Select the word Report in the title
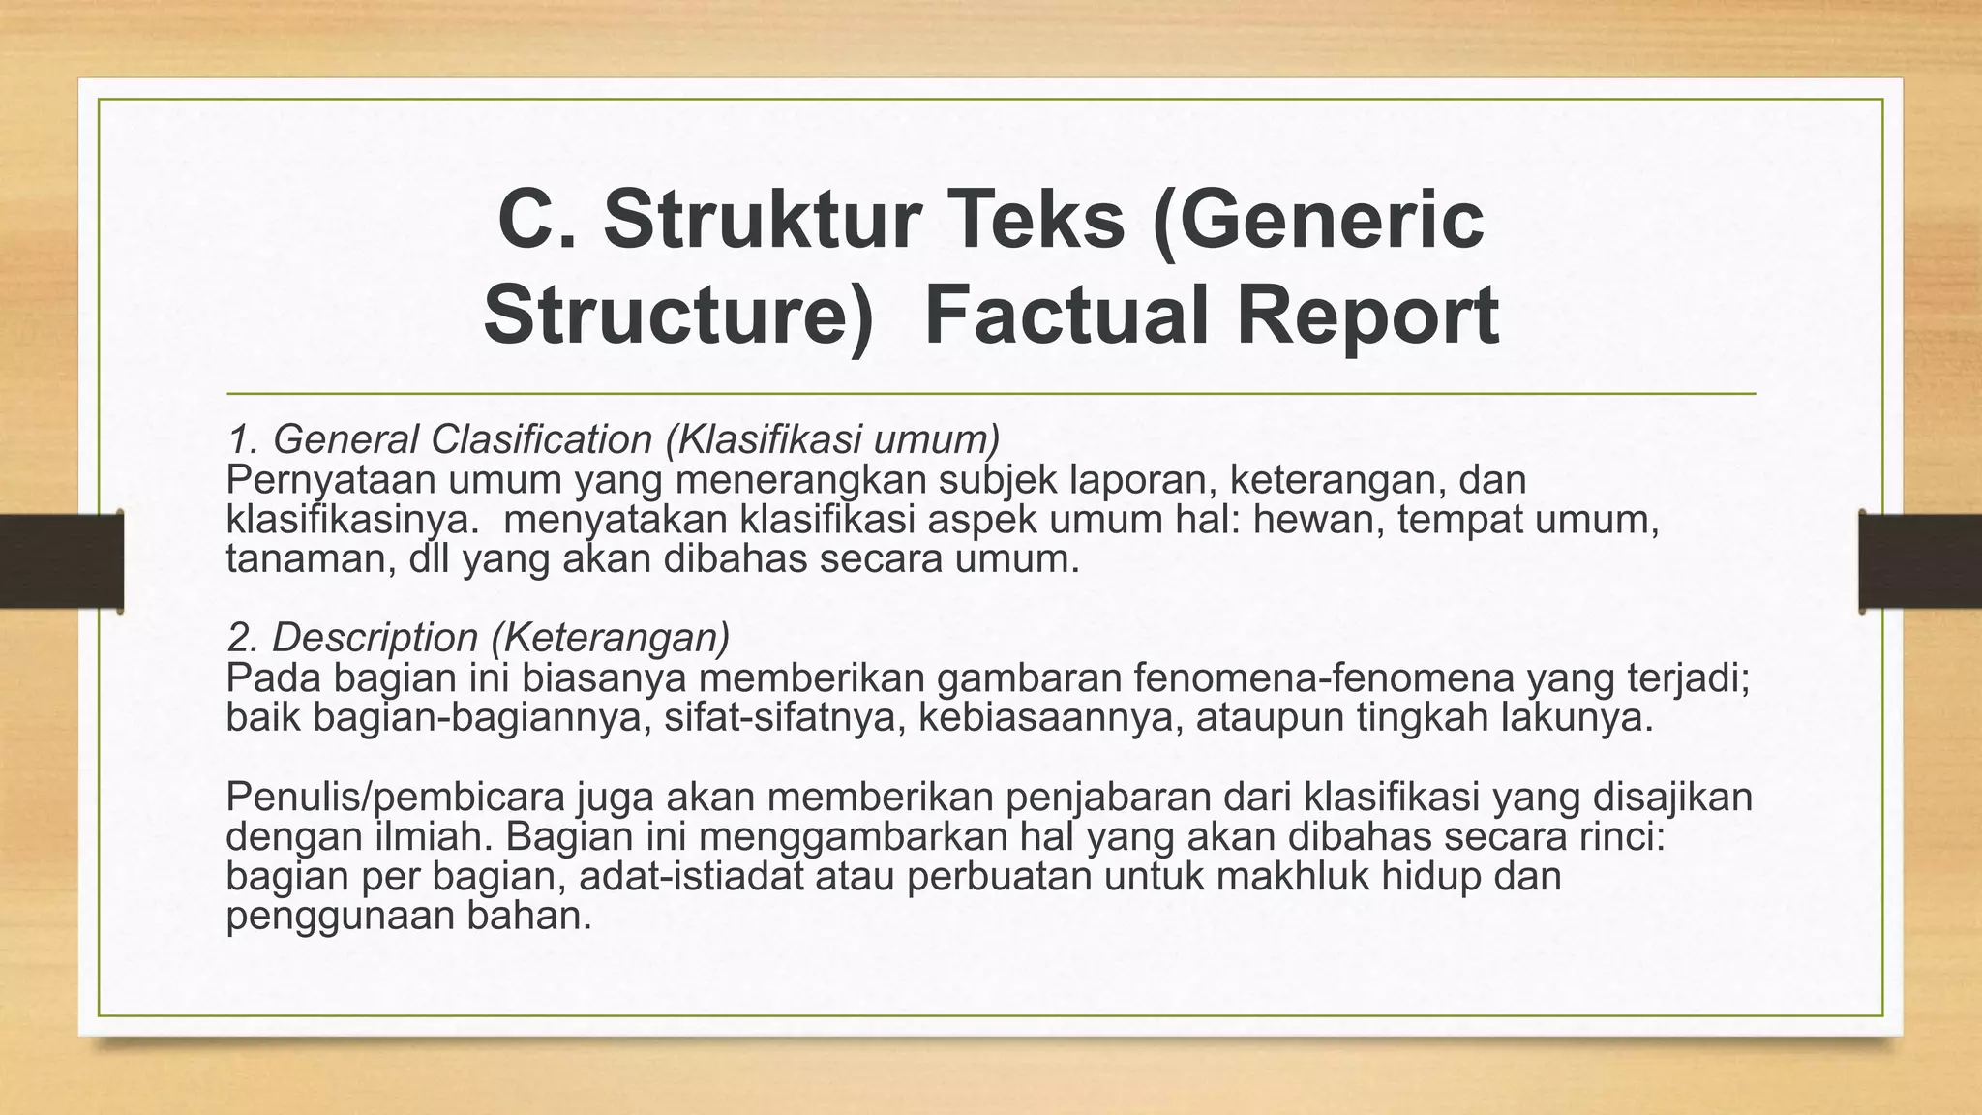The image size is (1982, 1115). click(1367, 316)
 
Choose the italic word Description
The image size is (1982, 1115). click(375, 638)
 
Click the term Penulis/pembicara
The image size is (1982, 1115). click(396, 798)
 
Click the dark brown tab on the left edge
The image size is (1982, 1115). click(61, 561)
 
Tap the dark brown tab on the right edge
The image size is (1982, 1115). click(1920, 561)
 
